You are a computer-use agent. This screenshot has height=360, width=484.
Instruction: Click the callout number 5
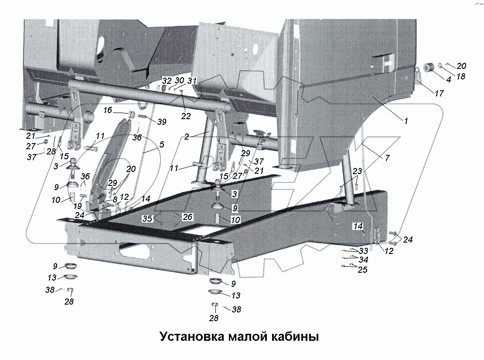click(162, 144)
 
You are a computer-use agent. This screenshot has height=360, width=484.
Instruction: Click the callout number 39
click(162, 122)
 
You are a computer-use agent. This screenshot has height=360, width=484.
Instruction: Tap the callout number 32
click(167, 81)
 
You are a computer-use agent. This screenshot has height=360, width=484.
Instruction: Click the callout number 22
click(186, 116)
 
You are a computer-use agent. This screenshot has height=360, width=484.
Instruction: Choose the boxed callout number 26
click(187, 217)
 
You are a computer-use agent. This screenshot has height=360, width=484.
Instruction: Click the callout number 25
click(362, 270)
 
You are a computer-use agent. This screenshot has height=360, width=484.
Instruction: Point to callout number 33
click(363, 251)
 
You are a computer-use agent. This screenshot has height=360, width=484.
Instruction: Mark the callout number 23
click(358, 171)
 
